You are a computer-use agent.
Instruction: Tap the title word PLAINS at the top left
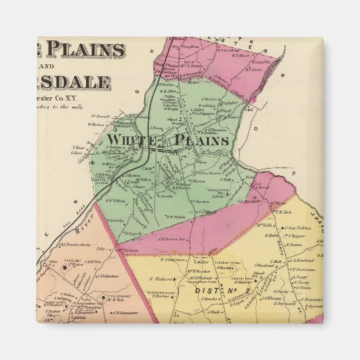click(85, 50)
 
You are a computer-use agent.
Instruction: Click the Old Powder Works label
click(75, 245)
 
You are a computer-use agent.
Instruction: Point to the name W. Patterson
click(173, 259)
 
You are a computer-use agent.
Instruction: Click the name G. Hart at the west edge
click(77, 153)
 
